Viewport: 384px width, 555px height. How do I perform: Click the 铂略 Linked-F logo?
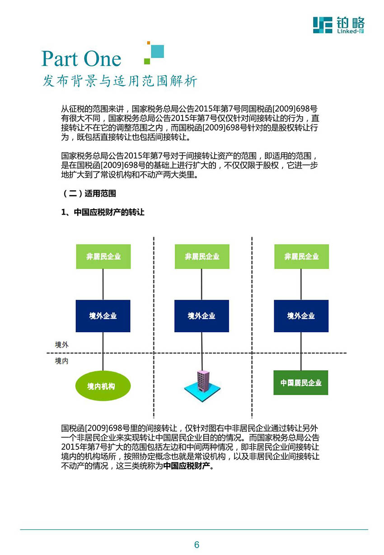click(338, 25)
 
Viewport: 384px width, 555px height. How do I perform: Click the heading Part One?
click(81, 58)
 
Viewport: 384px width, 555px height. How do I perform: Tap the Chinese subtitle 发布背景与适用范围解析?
click(120, 81)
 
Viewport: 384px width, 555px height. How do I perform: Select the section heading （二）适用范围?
click(89, 193)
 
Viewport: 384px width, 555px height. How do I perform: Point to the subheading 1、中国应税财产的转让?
click(103, 212)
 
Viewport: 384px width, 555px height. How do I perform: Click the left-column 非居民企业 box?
click(103, 256)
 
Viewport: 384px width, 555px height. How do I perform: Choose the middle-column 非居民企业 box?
click(202, 256)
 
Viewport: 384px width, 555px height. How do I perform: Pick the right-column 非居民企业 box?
click(301, 256)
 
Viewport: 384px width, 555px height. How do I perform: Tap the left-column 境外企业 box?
click(103, 316)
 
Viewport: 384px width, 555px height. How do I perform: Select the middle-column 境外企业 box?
click(201, 316)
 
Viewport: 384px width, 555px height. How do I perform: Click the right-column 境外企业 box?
click(301, 316)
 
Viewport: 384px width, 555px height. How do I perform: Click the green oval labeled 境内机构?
click(103, 386)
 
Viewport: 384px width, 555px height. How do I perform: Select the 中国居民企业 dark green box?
click(301, 382)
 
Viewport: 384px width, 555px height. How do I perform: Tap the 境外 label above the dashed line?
click(61, 345)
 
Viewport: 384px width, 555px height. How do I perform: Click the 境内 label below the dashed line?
click(61, 361)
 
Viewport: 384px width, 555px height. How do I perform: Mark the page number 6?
click(197, 545)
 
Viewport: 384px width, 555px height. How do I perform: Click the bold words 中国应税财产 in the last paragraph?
click(187, 466)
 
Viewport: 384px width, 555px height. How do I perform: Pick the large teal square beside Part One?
click(157, 51)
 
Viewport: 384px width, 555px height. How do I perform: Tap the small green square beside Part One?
click(147, 61)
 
